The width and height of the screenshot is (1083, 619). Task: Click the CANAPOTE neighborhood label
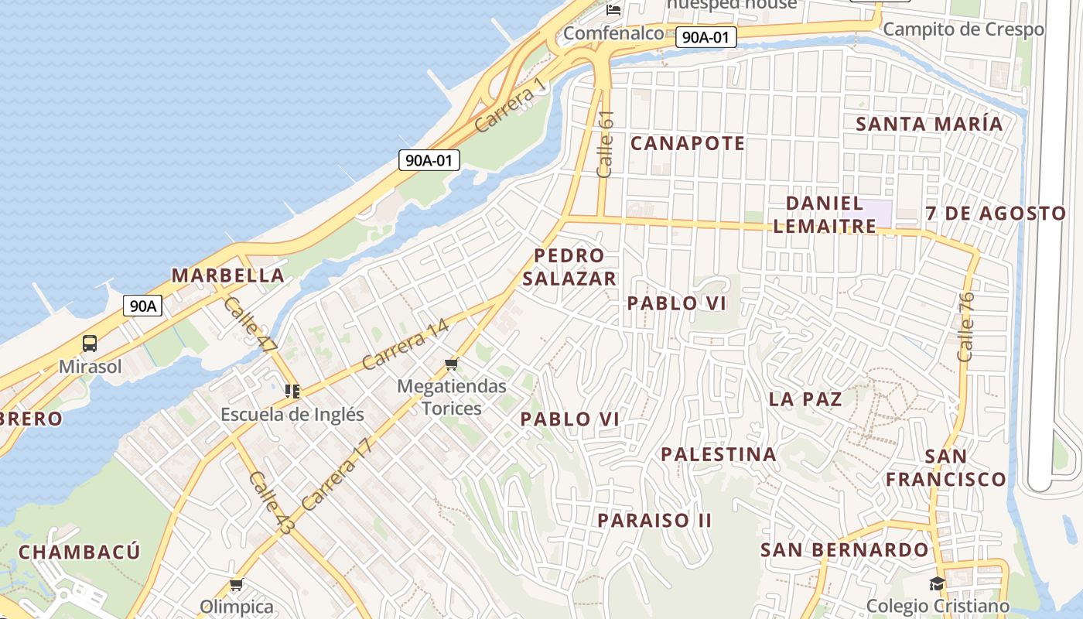click(687, 143)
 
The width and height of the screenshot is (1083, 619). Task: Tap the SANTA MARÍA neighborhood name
click(928, 124)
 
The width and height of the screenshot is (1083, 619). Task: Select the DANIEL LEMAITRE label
click(824, 214)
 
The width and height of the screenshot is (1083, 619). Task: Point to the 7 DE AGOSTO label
click(996, 214)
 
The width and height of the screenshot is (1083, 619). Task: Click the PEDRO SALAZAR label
click(569, 267)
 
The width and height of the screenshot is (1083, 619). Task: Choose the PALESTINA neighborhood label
click(719, 454)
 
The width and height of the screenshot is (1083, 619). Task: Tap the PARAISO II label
click(654, 520)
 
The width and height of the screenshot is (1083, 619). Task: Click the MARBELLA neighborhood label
click(228, 275)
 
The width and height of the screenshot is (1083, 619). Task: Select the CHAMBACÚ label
click(79, 552)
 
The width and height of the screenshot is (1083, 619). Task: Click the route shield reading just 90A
click(142, 306)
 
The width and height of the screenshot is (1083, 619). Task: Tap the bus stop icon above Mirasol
click(90, 344)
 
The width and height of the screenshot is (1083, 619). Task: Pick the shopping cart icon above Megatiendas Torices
click(452, 363)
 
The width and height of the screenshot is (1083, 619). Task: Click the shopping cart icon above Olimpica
click(236, 585)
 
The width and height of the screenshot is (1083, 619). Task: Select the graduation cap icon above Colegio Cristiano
click(938, 583)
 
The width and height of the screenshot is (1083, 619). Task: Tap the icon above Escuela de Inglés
click(292, 392)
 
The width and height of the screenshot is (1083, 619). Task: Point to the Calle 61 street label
click(606, 143)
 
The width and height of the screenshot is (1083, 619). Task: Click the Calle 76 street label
click(965, 327)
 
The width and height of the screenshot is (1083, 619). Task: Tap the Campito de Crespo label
click(963, 29)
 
